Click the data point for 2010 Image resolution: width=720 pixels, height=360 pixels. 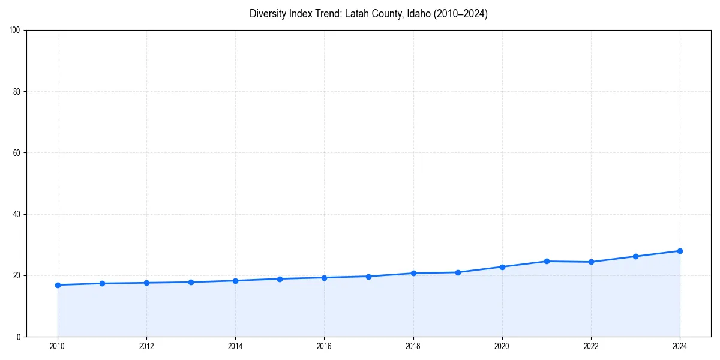pos(58,285)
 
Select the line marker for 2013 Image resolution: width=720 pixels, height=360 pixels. pos(191,282)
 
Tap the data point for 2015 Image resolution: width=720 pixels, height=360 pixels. pos(280,279)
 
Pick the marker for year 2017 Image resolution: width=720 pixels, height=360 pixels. pos(368,277)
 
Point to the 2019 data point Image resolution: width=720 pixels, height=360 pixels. pos(458,272)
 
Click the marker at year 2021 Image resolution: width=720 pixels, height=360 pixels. pos(547,261)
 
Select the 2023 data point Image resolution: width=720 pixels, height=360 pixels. pos(635,256)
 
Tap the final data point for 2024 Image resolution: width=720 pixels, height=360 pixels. pos(680,251)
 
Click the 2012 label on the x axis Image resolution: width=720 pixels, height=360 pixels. pos(146,346)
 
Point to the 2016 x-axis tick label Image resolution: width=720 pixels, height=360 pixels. pos(324,346)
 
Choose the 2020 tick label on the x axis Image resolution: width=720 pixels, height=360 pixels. pos(502,346)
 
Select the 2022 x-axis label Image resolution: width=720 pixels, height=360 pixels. pos(591,346)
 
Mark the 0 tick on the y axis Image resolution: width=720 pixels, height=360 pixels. pos(19,337)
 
